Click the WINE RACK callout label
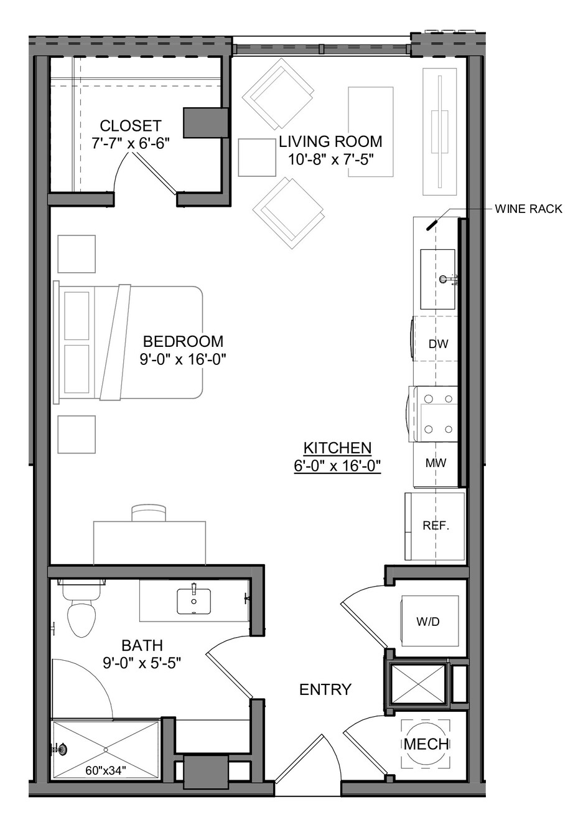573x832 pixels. pyautogui.click(x=528, y=209)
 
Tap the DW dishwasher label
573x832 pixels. pyautogui.click(x=438, y=344)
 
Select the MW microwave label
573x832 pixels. pyautogui.click(x=436, y=463)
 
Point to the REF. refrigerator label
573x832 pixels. pyautogui.click(x=436, y=526)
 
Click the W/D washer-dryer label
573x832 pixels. pyautogui.click(x=428, y=621)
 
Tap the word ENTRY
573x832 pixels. pyautogui.click(x=325, y=689)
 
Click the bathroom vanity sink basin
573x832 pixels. pyautogui.click(x=193, y=602)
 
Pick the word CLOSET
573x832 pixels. pyautogui.click(x=131, y=126)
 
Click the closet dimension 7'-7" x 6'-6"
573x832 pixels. pyautogui.click(x=131, y=143)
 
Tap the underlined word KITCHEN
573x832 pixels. pyautogui.click(x=337, y=448)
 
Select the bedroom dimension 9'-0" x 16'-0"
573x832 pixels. pyautogui.click(x=183, y=359)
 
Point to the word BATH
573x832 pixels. pyautogui.click(x=142, y=646)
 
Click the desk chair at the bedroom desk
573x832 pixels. pyautogui.click(x=149, y=513)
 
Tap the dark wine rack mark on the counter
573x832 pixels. pyautogui.click(x=432, y=225)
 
